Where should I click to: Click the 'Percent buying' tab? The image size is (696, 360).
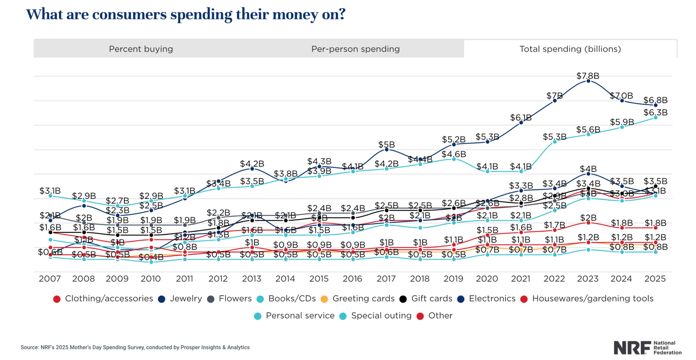click(x=141, y=49)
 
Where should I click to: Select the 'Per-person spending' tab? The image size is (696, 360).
click(x=355, y=49)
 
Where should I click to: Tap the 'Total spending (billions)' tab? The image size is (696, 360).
click(x=570, y=49)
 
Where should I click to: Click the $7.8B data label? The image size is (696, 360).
click(x=588, y=76)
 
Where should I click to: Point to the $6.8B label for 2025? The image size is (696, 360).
click(x=656, y=100)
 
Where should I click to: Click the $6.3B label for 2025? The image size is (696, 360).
click(x=656, y=113)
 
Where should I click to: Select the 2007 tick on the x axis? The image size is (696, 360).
click(x=50, y=279)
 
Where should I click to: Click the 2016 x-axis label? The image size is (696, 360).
click(x=352, y=279)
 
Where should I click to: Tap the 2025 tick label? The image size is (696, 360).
click(x=655, y=279)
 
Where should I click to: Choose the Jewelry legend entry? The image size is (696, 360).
click(x=185, y=299)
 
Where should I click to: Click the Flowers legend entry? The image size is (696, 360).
click(x=235, y=299)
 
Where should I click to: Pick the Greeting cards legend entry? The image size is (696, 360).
click(x=360, y=299)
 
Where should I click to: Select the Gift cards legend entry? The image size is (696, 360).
click(x=431, y=299)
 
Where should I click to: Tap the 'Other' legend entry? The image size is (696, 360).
click(x=440, y=316)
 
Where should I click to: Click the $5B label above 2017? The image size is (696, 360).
click(x=387, y=145)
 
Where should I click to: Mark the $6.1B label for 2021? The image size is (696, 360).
click(x=521, y=117)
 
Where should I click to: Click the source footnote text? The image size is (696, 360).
click(x=135, y=347)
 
